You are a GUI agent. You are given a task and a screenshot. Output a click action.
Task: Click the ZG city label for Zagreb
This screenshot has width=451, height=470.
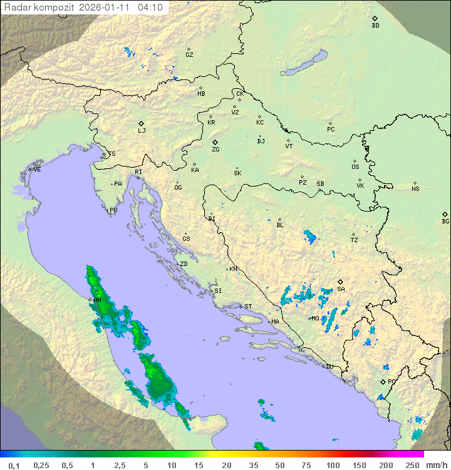215,150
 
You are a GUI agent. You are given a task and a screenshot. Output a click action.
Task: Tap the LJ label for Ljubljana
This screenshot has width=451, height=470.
142,131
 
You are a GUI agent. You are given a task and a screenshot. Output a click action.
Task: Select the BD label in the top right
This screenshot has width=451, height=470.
375,26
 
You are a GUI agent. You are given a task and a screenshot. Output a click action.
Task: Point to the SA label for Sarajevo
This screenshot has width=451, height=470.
341,289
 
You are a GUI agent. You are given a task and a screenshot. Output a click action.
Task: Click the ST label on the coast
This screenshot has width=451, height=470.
248,306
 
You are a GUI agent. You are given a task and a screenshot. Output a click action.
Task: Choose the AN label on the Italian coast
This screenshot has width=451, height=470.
97,300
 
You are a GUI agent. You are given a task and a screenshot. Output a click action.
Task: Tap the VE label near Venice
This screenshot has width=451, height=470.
37,169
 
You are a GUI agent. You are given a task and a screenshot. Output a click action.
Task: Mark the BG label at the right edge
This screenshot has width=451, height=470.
445,221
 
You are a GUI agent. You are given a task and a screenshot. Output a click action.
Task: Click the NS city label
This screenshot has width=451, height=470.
415,188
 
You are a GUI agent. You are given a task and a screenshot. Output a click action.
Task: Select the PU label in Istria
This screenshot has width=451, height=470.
113,210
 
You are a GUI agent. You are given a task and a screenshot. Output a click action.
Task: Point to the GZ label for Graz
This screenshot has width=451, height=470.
189,54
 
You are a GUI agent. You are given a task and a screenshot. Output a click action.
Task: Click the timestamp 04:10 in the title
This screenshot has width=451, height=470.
150,8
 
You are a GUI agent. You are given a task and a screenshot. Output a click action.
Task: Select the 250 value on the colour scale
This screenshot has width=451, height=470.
412,465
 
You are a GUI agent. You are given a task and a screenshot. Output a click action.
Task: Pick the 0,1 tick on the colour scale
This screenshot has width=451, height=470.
14,465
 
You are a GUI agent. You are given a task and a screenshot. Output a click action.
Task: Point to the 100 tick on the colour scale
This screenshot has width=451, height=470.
332,465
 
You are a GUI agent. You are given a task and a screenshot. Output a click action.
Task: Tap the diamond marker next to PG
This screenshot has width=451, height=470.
383,381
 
